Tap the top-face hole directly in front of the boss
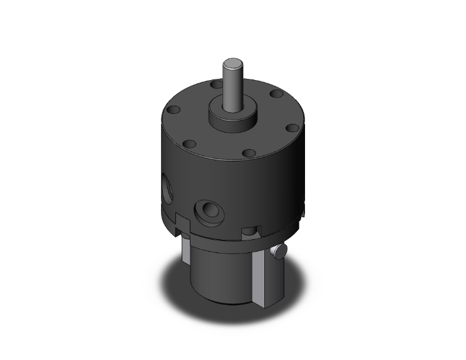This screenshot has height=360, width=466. [x=249, y=153]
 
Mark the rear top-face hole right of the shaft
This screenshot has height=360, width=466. [x=274, y=95]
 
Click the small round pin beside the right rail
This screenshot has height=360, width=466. [x=278, y=252]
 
